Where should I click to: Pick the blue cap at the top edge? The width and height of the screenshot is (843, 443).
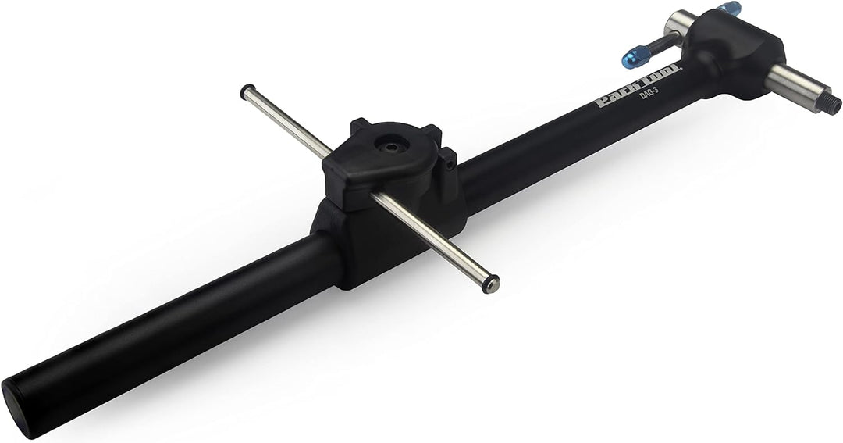(x=730, y=9)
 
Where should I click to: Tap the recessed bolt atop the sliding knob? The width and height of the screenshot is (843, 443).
(x=388, y=145)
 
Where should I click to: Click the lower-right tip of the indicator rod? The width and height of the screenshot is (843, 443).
(x=490, y=284)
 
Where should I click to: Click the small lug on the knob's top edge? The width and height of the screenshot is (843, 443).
(x=360, y=125)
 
